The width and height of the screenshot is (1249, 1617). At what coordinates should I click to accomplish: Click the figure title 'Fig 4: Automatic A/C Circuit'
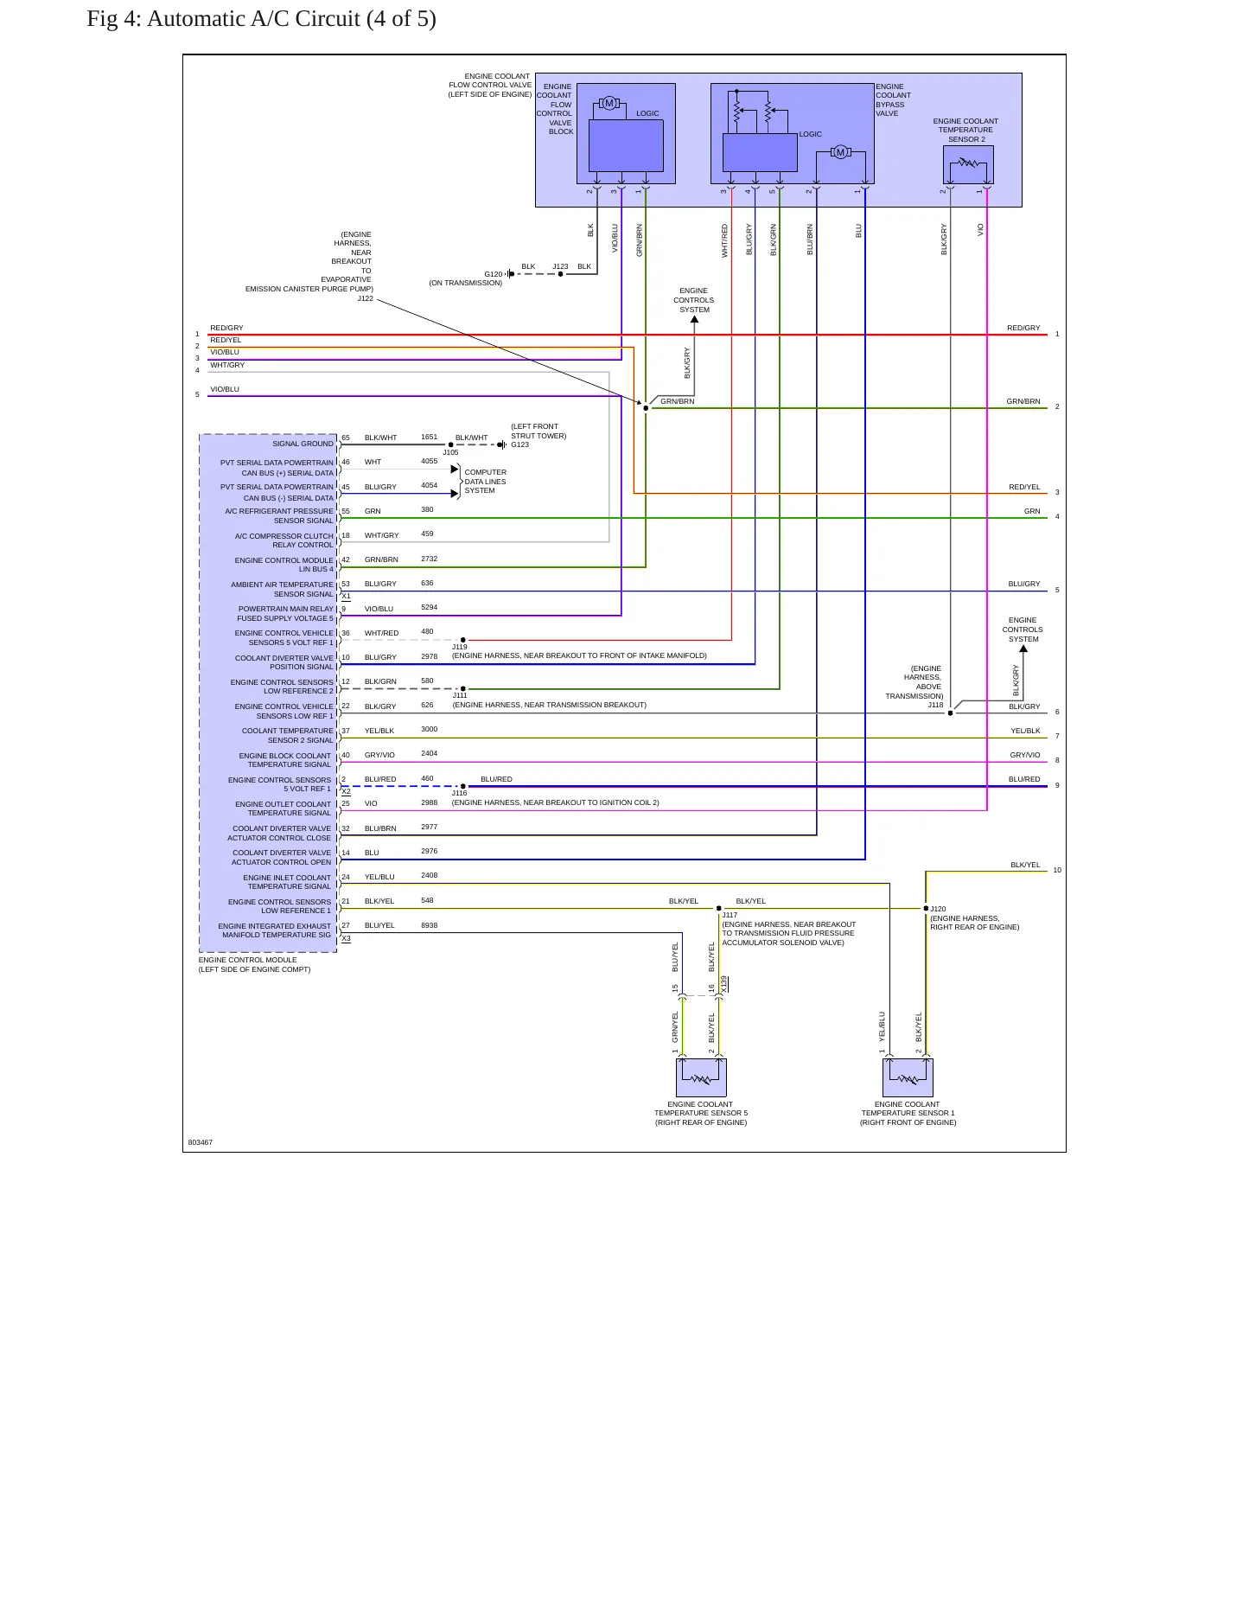pos(223,19)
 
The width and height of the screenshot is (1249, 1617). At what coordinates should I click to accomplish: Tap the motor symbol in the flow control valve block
pos(609,104)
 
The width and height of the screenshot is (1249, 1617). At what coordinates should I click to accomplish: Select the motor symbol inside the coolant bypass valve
pos(840,153)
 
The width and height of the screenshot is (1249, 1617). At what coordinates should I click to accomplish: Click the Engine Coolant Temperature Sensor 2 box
pos(968,164)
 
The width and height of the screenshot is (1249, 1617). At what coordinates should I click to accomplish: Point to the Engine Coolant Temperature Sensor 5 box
pos(701,1077)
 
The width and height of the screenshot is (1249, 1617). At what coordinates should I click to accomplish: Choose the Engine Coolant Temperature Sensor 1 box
pos(908,1077)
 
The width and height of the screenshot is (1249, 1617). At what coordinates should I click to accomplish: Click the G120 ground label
pos(493,274)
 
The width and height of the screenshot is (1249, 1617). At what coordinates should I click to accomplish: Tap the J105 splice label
pos(451,452)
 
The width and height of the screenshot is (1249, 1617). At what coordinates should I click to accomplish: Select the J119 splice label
pos(460,647)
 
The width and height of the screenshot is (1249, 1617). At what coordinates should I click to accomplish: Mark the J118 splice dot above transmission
pos(951,713)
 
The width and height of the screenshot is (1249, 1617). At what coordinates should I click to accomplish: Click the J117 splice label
pos(730,915)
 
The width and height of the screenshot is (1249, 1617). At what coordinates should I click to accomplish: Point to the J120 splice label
pos(939,909)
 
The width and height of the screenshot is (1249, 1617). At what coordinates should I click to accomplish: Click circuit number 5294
pos(430,607)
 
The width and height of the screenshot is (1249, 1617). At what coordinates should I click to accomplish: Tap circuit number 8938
pos(430,925)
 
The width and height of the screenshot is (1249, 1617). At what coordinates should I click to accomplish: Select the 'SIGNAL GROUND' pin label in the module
pos(303,444)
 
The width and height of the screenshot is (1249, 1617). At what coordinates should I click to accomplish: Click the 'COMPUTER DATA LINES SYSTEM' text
pos(486,482)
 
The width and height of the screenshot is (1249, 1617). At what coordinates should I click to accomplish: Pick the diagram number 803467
pos(201,1142)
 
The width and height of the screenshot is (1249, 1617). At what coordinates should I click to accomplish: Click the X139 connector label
pos(724,984)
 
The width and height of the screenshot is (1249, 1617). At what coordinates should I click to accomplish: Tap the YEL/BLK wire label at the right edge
pos(1026,731)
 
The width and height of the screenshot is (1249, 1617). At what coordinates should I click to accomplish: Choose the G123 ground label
pos(519,444)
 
